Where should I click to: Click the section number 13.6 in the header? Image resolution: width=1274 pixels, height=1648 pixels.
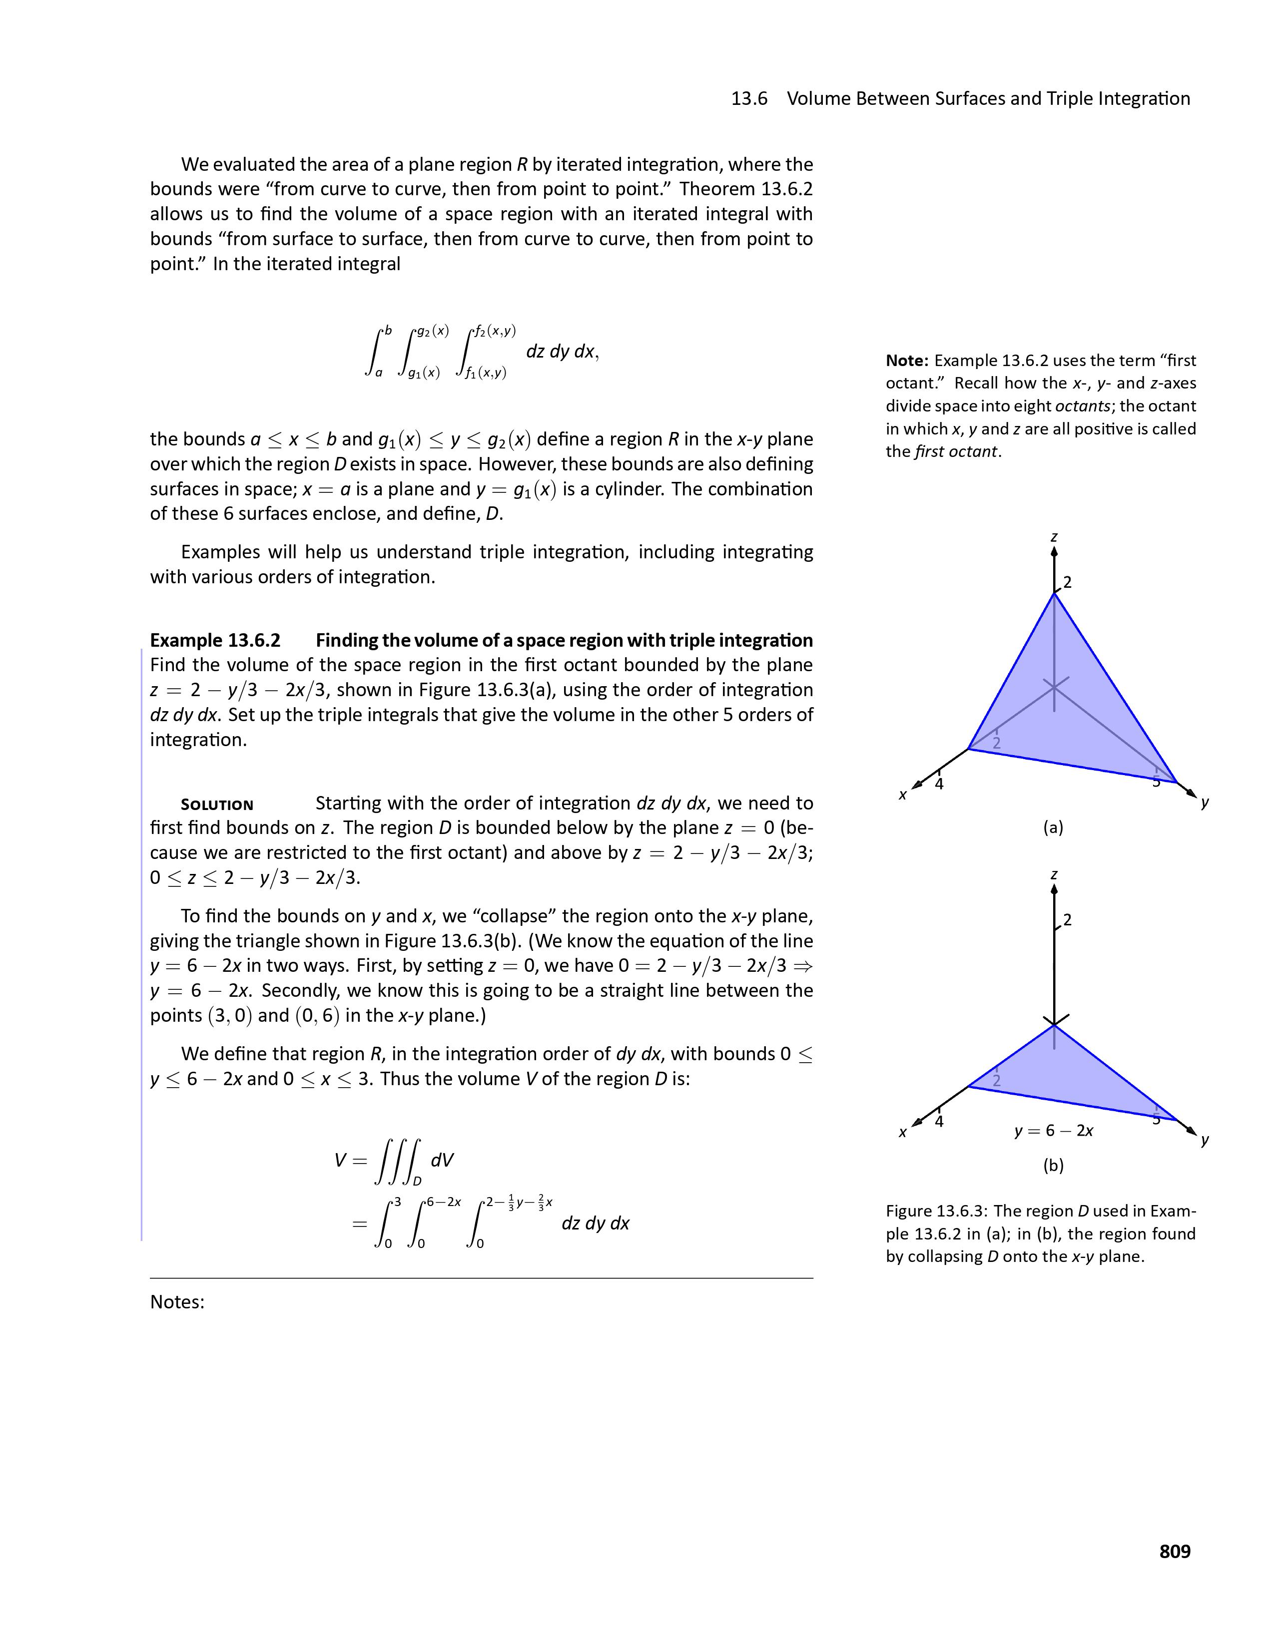tap(749, 99)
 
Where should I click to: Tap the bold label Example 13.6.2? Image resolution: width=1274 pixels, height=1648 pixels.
tap(215, 641)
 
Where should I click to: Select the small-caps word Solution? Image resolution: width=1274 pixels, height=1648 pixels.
tap(217, 805)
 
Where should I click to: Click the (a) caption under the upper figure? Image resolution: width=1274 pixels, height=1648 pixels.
tap(1053, 828)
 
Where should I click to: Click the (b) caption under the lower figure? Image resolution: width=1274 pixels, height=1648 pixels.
tap(1053, 1166)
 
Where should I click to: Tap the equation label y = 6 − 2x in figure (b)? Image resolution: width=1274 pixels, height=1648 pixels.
tap(1054, 1130)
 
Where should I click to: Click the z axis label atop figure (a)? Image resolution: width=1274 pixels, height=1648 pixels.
tap(1054, 537)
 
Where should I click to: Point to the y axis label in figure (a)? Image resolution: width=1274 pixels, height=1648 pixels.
tap(1205, 803)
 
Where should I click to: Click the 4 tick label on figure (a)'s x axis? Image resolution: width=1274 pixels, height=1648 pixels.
tap(939, 784)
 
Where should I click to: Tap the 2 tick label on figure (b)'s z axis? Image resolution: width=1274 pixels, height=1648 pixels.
tap(1067, 920)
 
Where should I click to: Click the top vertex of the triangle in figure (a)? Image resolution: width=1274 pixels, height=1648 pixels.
tap(1054, 594)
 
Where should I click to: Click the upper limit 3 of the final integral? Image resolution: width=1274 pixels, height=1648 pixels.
tap(397, 1201)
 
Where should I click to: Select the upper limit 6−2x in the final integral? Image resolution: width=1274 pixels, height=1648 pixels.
tap(443, 1201)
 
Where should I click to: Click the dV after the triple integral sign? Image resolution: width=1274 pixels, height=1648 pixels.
tap(442, 1160)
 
